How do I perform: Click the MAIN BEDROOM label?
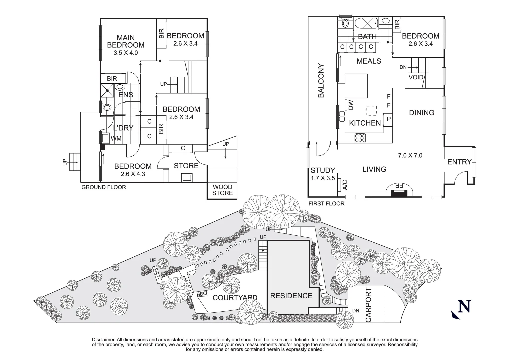click(x=126, y=41)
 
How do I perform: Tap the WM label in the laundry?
click(x=116, y=138)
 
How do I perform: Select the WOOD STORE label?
click(x=222, y=190)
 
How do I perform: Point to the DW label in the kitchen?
click(x=351, y=105)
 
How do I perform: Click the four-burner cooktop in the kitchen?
click(x=360, y=138)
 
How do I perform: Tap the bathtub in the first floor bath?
click(x=366, y=24)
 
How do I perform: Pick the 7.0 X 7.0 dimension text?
click(x=410, y=155)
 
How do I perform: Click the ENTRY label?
click(x=459, y=162)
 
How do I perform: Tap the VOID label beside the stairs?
click(x=416, y=77)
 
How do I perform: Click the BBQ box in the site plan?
click(x=202, y=294)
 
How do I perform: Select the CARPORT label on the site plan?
click(x=368, y=305)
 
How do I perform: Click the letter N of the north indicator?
click(x=464, y=306)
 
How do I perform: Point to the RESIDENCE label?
click(x=291, y=296)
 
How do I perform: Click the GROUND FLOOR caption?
click(x=104, y=187)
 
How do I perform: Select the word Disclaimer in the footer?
click(x=103, y=339)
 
